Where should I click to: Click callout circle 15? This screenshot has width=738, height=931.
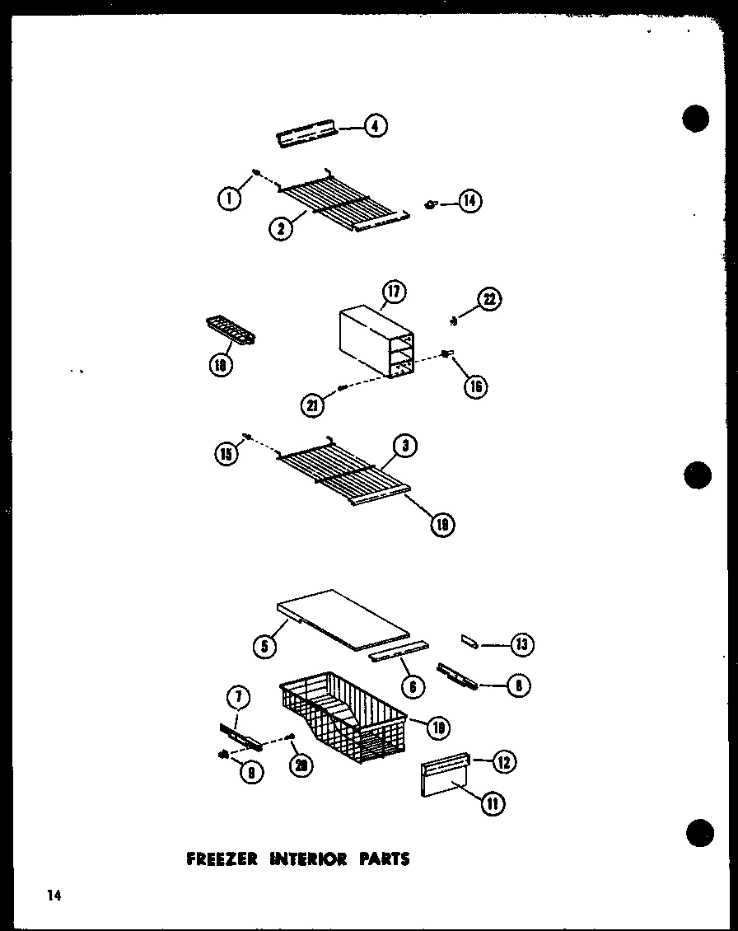[226, 452]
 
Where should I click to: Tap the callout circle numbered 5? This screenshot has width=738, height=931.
[264, 647]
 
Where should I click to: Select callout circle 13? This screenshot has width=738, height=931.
[521, 644]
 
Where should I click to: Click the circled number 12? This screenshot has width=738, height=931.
[504, 762]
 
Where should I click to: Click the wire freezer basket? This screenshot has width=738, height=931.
[342, 713]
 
